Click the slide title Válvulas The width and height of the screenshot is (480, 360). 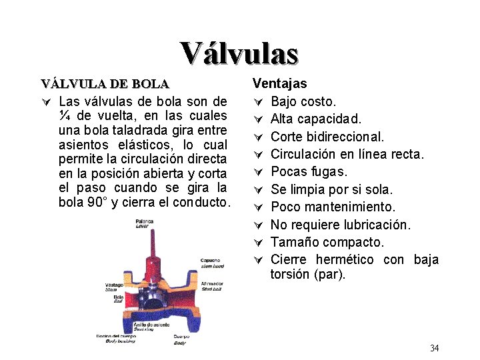pos(239,53)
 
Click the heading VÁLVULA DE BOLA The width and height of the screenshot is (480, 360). pos(105,84)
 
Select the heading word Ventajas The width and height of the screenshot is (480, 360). pos(279,83)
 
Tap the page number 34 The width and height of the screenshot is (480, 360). pos(434,348)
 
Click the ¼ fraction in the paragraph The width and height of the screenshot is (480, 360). pos(64,115)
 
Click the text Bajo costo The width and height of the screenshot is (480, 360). pos(303,101)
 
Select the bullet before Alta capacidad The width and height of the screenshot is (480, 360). pos(259,119)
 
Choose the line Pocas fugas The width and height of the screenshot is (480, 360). pos(309,171)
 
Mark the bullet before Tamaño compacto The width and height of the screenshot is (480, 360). pos(259,242)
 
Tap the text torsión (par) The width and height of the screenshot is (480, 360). pos(308,274)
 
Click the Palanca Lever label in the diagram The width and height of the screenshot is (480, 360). pos(144,223)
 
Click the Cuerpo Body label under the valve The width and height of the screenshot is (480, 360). pos(181,339)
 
